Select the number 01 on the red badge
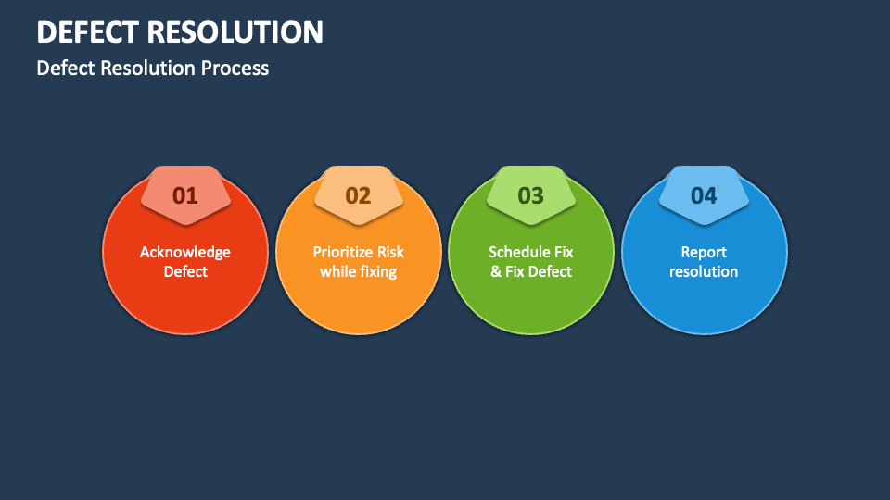pyautogui.click(x=185, y=195)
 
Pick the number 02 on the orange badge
pyautogui.click(x=358, y=195)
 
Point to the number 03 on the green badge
pyautogui.click(x=530, y=195)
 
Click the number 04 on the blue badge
pyautogui.click(x=704, y=195)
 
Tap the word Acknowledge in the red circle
pyautogui.click(x=185, y=252)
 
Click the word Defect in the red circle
pyautogui.click(x=185, y=271)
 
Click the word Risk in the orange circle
pyautogui.click(x=390, y=252)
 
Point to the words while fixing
pyautogui.click(x=358, y=271)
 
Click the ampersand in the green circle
pyautogui.click(x=495, y=271)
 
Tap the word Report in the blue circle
pyautogui.click(x=704, y=252)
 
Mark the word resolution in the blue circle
pyautogui.click(x=704, y=271)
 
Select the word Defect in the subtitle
pyautogui.click(x=64, y=69)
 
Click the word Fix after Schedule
pyautogui.click(x=564, y=252)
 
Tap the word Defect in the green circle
pyautogui.click(x=551, y=271)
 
